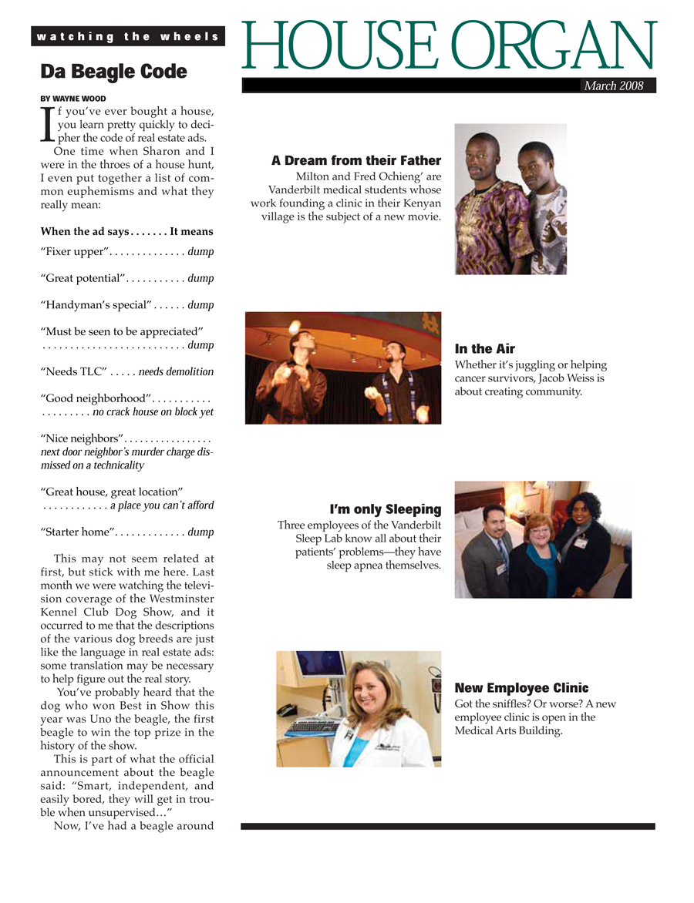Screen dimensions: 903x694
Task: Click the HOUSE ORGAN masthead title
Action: (x=450, y=47)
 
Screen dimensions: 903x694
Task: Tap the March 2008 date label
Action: (x=613, y=86)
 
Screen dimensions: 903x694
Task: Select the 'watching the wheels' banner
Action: (x=128, y=36)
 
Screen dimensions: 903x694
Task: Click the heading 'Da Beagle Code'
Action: (x=113, y=72)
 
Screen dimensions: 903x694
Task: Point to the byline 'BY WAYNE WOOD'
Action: (x=73, y=99)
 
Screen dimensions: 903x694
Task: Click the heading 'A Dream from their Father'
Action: (x=355, y=160)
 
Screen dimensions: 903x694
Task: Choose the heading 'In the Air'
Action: (x=484, y=349)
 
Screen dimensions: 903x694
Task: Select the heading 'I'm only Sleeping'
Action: (x=385, y=509)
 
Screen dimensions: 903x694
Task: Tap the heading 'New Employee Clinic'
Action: (x=521, y=688)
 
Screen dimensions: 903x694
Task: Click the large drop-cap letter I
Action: (x=47, y=125)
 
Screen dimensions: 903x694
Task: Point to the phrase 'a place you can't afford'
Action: (x=162, y=505)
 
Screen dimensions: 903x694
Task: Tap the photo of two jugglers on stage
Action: (x=342, y=368)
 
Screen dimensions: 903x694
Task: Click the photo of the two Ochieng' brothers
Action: (x=510, y=199)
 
